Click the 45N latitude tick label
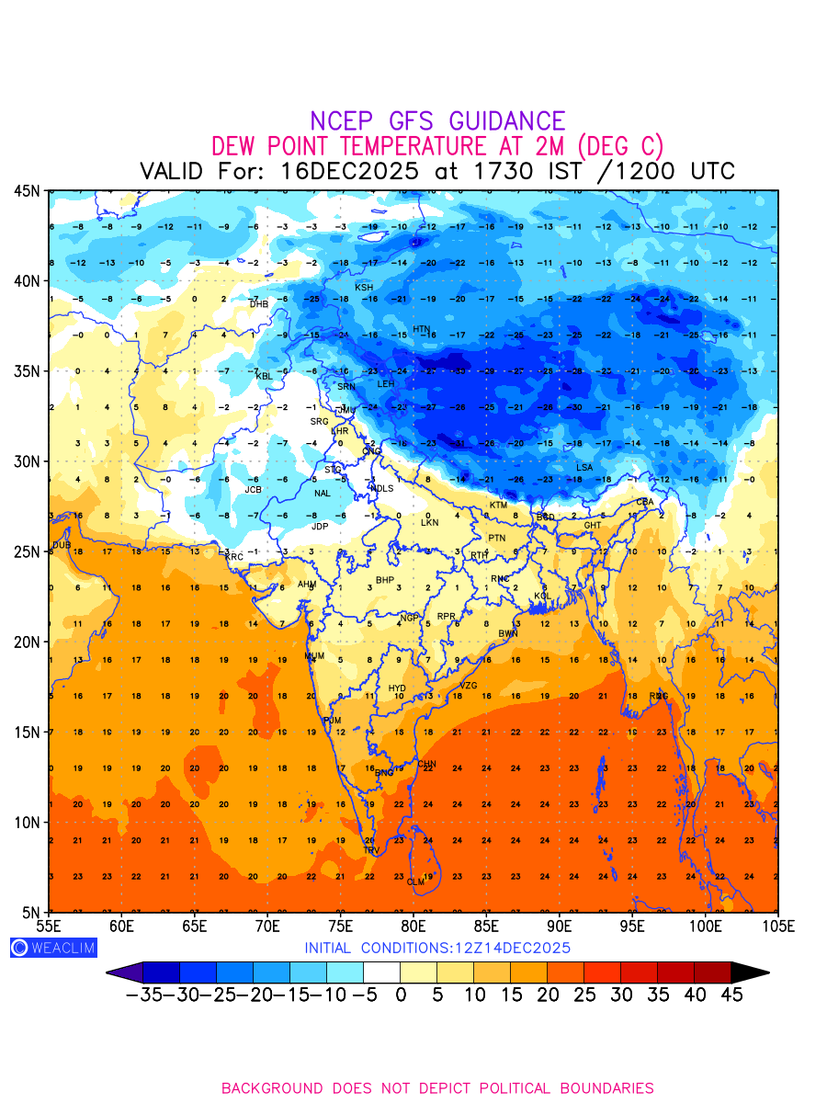click(x=26, y=190)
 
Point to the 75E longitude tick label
click(x=340, y=925)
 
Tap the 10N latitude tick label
click(x=26, y=822)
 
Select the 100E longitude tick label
click(x=706, y=925)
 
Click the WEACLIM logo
click(x=52, y=948)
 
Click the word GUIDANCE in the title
click(x=507, y=121)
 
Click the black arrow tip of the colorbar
click(x=752, y=972)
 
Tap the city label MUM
click(x=314, y=656)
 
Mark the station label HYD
click(x=397, y=688)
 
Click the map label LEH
click(x=386, y=383)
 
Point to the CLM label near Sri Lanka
click(x=416, y=882)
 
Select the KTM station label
click(x=498, y=506)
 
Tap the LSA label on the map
click(x=584, y=468)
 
